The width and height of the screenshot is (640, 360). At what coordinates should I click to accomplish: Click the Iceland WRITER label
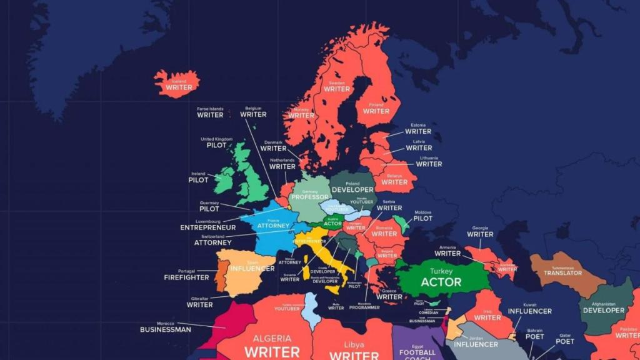click(179, 87)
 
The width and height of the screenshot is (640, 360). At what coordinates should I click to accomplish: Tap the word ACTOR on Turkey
click(441, 282)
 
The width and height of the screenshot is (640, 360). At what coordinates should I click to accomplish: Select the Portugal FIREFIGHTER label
click(186, 277)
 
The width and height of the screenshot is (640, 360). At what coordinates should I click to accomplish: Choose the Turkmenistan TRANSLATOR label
click(562, 272)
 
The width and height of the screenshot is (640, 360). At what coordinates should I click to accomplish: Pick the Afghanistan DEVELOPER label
click(603, 310)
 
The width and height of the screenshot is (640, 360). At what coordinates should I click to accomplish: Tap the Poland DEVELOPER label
click(352, 189)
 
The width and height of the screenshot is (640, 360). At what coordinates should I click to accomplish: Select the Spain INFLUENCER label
click(252, 268)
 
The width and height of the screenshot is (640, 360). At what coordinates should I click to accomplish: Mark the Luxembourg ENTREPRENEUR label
click(207, 227)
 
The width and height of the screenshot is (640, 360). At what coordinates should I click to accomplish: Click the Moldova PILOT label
click(422, 218)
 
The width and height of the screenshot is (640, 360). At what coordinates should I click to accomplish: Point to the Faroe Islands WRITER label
click(210, 114)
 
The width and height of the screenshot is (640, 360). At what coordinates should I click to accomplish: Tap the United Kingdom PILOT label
click(216, 145)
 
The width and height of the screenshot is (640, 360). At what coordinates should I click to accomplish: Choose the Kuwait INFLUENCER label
click(529, 311)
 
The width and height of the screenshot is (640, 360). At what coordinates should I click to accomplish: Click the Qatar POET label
click(565, 341)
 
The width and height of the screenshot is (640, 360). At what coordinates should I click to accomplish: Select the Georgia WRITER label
click(480, 234)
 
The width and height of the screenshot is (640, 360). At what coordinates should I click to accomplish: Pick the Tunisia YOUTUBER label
click(287, 308)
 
